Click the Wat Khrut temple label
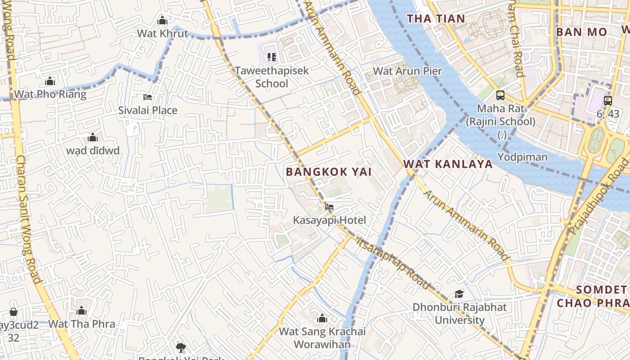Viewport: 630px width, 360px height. pyautogui.click(x=162, y=33)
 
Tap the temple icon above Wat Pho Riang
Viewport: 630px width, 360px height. pyautogui.click(x=50, y=81)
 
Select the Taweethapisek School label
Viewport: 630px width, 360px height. pyautogui.click(x=272, y=77)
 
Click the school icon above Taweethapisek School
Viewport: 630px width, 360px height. pyautogui.click(x=271, y=57)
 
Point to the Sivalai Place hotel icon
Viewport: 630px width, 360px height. pyautogui.click(x=148, y=97)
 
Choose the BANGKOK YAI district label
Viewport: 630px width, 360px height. pyautogui.click(x=328, y=172)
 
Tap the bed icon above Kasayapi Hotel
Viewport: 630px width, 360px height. pyautogui.click(x=329, y=207)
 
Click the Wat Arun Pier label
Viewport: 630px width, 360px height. pyautogui.click(x=408, y=71)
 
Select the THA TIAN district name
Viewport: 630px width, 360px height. pyautogui.click(x=436, y=18)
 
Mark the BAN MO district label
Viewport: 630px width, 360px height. pyautogui.click(x=581, y=32)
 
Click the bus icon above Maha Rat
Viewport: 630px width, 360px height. pyautogui.click(x=500, y=95)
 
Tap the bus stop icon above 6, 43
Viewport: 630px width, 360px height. pyautogui.click(x=608, y=101)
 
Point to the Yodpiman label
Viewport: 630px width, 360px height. pyautogui.click(x=522, y=157)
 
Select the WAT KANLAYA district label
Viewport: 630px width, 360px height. pyautogui.click(x=448, y=164)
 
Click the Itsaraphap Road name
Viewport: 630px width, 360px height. pyautogui.click(x=393, y=262)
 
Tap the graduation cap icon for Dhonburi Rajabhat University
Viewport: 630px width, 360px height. pyautogui.click(x=459, y=294)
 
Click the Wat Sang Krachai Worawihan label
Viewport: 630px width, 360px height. pyautogui.click(x=322, y=338)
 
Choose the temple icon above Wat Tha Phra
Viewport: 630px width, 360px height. pyautogui.click(x=81, y=310)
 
